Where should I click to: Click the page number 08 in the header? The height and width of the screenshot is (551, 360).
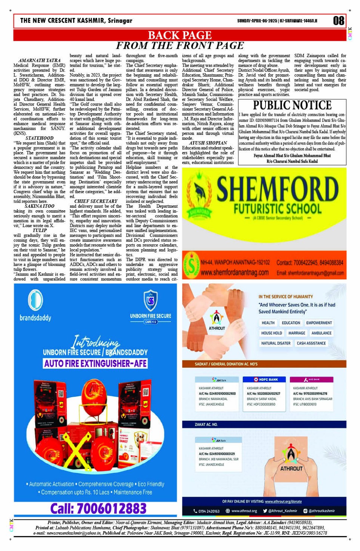[338, 21]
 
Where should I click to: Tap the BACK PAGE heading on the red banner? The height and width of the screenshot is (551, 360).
[179, 35]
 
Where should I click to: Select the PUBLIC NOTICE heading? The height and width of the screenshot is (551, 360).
[292, 105]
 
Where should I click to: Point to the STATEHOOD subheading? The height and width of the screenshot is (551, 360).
[39, 138]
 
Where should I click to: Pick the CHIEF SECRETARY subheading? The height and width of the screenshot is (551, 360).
[96, 201]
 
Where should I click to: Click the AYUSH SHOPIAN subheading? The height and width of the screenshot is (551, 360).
[208, 143]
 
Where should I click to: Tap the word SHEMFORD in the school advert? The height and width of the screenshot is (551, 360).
[277, 190]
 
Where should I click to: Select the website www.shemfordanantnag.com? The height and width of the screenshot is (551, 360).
[234, 273]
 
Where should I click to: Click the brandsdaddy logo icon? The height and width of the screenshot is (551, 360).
[35, 300]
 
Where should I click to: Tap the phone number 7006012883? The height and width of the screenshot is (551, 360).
[98, 508]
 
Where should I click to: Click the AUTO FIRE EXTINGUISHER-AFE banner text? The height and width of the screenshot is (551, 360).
[95, 363]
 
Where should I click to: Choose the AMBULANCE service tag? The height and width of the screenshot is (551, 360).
[321, 333]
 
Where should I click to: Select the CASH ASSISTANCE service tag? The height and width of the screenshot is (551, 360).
[311, 343]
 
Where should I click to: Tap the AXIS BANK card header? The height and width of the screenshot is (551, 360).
[311, 380]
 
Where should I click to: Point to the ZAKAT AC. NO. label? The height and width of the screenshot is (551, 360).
[206, 424]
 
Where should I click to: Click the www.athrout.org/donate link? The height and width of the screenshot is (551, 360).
[283, 501]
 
